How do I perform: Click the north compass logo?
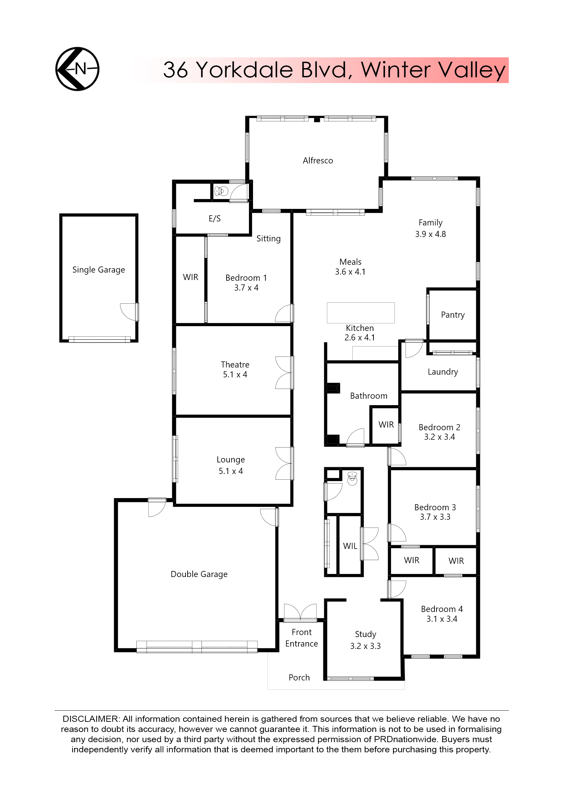77,69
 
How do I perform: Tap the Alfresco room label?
318,161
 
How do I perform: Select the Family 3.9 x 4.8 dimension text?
430,234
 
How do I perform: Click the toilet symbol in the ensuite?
221,191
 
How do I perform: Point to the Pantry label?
452,315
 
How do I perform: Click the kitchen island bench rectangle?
361,313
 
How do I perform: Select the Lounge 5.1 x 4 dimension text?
230,471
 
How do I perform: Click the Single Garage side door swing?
129,312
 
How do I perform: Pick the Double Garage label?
199,574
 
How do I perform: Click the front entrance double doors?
300,612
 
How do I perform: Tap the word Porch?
299,677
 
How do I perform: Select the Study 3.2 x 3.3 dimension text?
365,646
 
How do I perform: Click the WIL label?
350,546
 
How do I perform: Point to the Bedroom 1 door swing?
284,313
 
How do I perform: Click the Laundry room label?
443,372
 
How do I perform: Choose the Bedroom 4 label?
442,609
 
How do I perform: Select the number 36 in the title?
175,70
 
